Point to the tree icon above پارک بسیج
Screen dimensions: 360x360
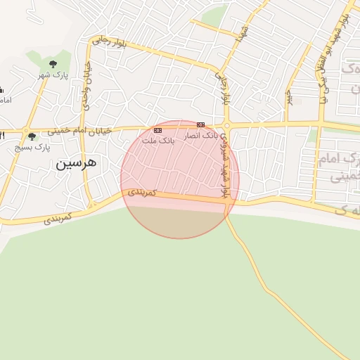coord(32,136)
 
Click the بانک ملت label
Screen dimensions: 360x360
coord(157,141)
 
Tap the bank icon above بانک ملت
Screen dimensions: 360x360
coord(157,130)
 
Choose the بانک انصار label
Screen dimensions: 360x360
coord(202,135)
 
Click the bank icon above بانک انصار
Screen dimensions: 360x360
coord(201,124)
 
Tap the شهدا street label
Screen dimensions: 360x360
coord(244,32)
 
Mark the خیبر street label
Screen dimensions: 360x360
coord(288,98)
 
